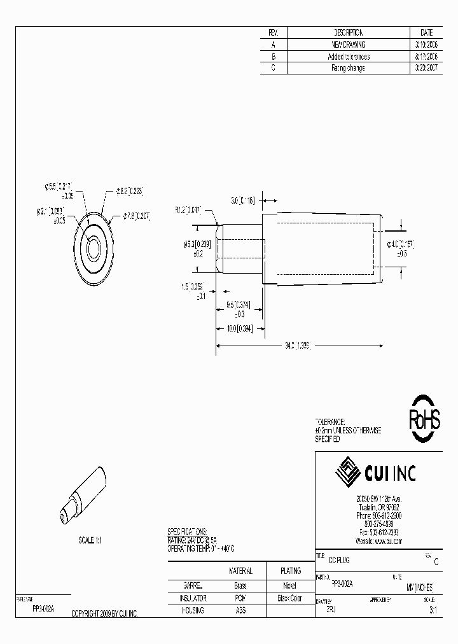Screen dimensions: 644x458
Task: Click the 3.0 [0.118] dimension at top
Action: pyautogui.click(x=242, y=200)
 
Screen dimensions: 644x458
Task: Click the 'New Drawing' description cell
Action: pyautogui.click(x=349, y=45)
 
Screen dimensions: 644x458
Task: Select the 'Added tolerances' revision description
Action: pyautogui.click(x=349, y=57)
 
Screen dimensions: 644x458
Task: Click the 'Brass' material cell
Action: pyautogui.click(x=240, y=585)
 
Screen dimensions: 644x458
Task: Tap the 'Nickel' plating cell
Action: pyautogui.click(x=290, y=585)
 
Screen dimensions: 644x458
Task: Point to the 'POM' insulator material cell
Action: pyautogui.click(x=240, y=599)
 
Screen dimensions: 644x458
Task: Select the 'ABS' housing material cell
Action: pyautogui.click(x=240, y=611)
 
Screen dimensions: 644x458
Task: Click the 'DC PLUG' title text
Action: pyautogui.click(x=338, y=560)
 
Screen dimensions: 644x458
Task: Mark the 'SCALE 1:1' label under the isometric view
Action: pyautogui.click(x=90, y=540)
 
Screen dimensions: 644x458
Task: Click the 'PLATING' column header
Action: pyautogui.click(x=290, y=571)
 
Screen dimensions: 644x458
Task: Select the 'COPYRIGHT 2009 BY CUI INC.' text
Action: pyautogui.click(x=104, y=613)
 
